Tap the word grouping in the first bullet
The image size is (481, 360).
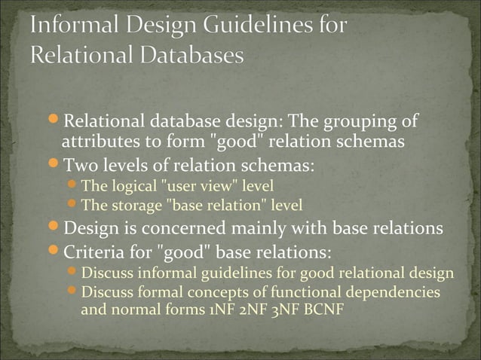click(x=363, y=121)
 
